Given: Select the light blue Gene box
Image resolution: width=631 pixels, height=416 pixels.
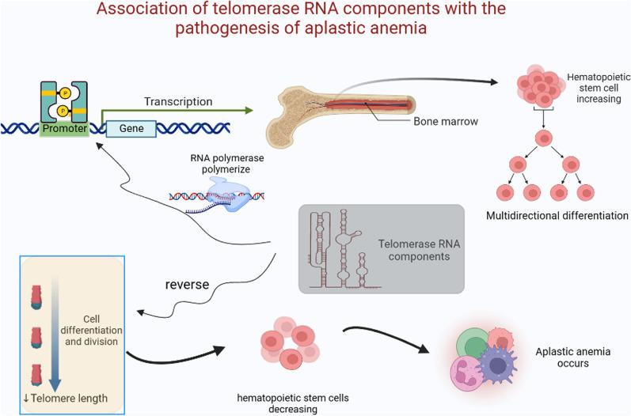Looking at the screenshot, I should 131,127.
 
